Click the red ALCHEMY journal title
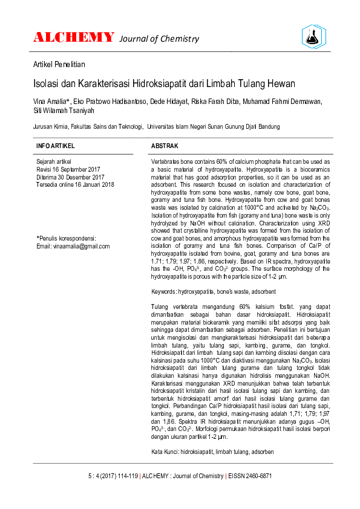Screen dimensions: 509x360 pyautogui.click(x=73, y=37)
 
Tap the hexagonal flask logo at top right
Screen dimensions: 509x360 pyautogui.click(x=313, y=37)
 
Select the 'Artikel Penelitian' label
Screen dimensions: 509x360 pyautogui.click(x=59, y=64)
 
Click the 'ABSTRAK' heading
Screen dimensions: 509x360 pyautogui.click(x=165, y=147)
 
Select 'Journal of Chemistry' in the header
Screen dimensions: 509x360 pyautogui.click(x=159, y=39)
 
